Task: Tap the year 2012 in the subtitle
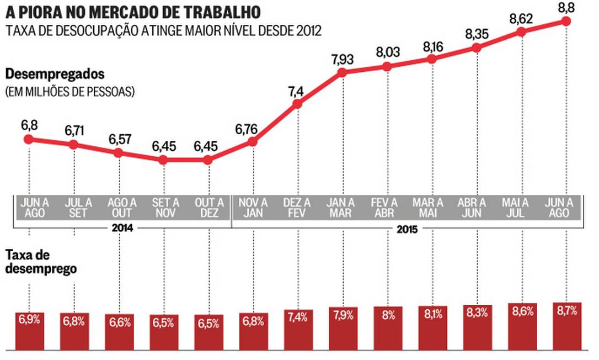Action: tap(308, 30)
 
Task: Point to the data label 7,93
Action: tap(342, 59)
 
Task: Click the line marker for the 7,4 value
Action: tap(297, 103)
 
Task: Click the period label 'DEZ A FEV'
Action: tap(297, 207)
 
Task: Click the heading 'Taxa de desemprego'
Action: tap(41, 262)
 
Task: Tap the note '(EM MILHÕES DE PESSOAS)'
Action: tap(70, 92)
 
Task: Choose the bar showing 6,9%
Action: tap(29, 331)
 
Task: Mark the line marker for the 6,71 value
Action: tap(73, 145)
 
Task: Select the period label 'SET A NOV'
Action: tap(163, 207)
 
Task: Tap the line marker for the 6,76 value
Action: tap(253, 142)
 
